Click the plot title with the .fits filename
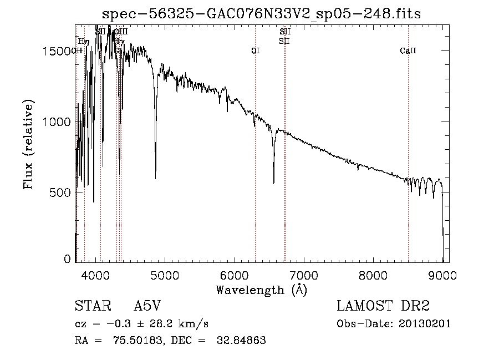click(262, 14)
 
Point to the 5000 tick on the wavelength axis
click(165, 275)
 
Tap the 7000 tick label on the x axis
click(304, 275)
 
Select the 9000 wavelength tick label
click(442, 275)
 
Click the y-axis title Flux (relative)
click(28, 144)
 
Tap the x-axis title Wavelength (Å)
click(261, 290)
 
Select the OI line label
click(255, 50)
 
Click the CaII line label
click(408, 50)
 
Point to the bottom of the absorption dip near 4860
click(155, 178)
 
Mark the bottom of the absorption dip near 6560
click(273, 182)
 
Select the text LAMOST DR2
click(383, 307)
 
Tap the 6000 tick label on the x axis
click(234, 275)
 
